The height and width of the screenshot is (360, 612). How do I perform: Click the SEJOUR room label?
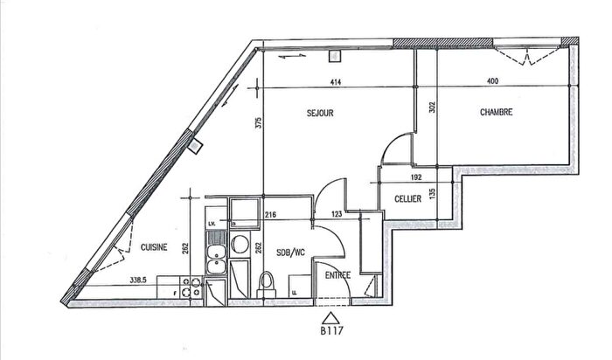point(320,113)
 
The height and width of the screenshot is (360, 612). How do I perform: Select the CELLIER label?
point(407,199)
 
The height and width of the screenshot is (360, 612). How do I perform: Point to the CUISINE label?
point(154,248)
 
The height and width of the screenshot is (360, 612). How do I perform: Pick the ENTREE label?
point(338,275)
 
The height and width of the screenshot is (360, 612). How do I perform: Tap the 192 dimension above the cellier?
point(417,177)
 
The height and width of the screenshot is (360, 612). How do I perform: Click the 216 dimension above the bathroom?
point(270,214)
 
